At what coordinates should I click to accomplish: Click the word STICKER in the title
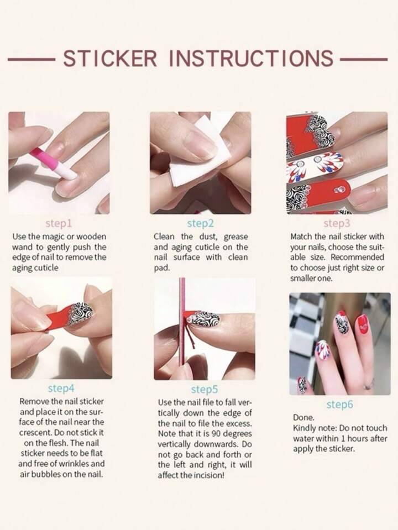111,58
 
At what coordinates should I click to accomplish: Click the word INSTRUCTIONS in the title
252,58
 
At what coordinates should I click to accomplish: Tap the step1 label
59,223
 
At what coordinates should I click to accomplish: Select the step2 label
201,223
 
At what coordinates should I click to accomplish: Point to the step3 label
337,223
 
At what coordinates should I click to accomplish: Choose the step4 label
61,389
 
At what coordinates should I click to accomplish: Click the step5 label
204,390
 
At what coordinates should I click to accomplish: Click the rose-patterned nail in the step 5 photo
203,319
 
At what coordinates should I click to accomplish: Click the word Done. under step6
303,417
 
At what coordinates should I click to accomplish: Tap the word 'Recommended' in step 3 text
358,257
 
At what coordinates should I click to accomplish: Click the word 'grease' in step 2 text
235,237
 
